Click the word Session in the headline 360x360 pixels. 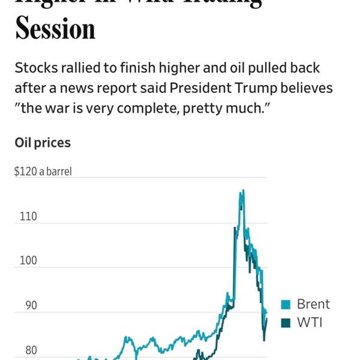[x=55, y=28]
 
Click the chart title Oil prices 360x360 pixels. [x=43, y=143]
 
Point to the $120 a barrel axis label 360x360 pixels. [x=43, y=172]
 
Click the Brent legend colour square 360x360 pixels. [x=286, y=305]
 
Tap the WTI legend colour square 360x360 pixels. [x=286, y=323]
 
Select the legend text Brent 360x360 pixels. [x=313, y=304]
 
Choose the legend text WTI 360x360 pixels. [x=310, y=323]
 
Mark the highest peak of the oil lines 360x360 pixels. [x=242, y=191]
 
